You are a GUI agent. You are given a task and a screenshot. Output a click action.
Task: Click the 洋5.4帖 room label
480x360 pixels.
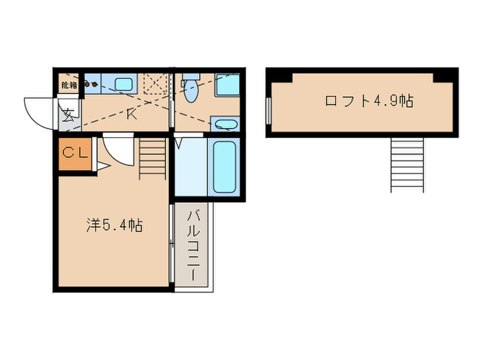tap(114, 224)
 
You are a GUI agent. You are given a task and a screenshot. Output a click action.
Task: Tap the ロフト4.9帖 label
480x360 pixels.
tap(368, 101)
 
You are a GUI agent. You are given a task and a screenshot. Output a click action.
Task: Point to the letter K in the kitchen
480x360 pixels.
tap(131, 114)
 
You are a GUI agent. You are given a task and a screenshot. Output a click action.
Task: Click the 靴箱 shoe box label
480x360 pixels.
tap(69, 85)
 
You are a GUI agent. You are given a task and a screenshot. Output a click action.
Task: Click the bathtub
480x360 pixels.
tap(224, 167)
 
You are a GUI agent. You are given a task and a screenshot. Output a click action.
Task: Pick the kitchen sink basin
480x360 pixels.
tap(124, 85)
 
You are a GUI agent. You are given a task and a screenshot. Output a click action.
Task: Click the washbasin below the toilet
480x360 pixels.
tap(224, 124)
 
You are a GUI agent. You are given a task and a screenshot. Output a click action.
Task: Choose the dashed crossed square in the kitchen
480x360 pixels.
tap(156, 87)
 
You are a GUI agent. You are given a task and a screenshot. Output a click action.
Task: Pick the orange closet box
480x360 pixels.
tap(73, 156)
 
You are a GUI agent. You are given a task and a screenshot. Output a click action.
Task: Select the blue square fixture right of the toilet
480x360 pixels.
tap(226, 86)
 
